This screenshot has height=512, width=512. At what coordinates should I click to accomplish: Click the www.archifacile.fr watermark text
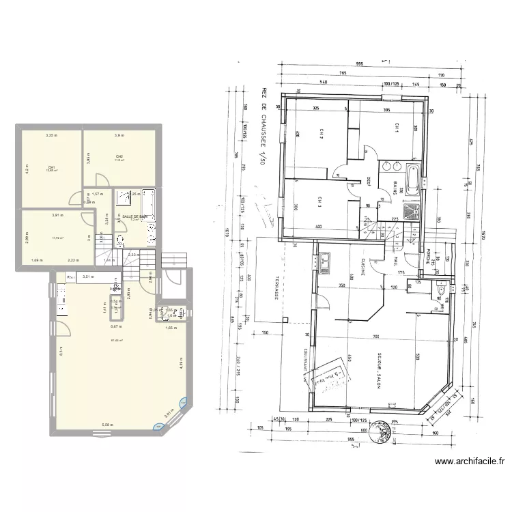470,461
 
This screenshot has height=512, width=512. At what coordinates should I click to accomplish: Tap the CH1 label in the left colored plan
51,167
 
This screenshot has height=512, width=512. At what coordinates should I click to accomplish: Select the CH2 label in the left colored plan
119,157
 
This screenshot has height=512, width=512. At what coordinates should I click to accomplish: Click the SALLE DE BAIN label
134,216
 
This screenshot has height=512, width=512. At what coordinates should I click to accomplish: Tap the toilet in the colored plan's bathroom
120,240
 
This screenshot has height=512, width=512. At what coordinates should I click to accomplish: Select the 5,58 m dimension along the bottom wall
106,425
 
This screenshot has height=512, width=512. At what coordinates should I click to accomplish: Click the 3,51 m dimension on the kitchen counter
87,276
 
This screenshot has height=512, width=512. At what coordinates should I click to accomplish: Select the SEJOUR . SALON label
378,371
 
